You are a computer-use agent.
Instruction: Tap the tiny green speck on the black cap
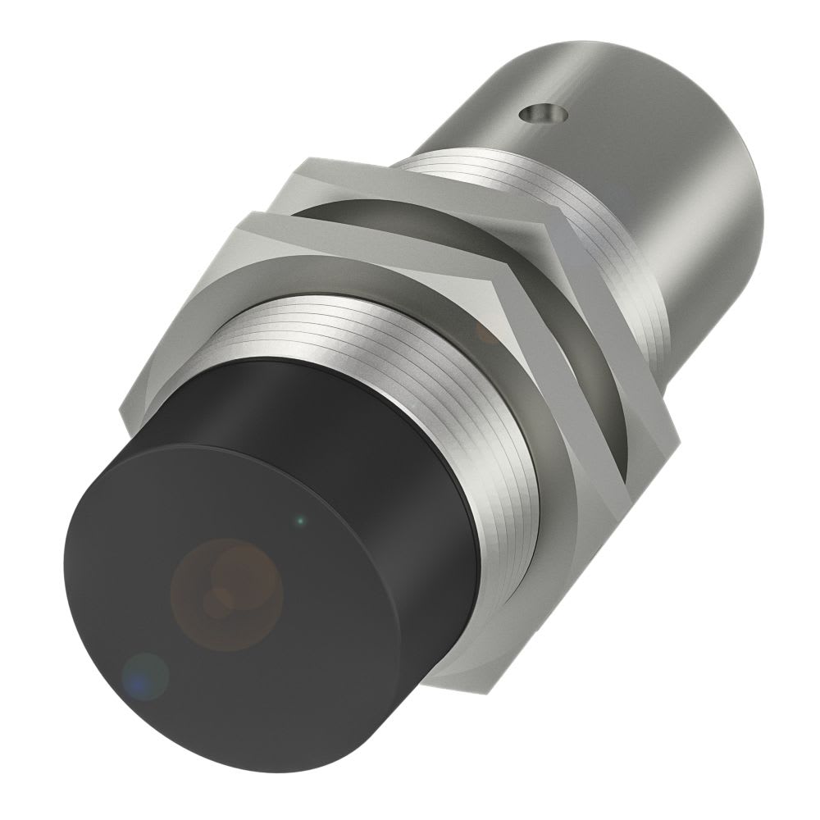[301, 519]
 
